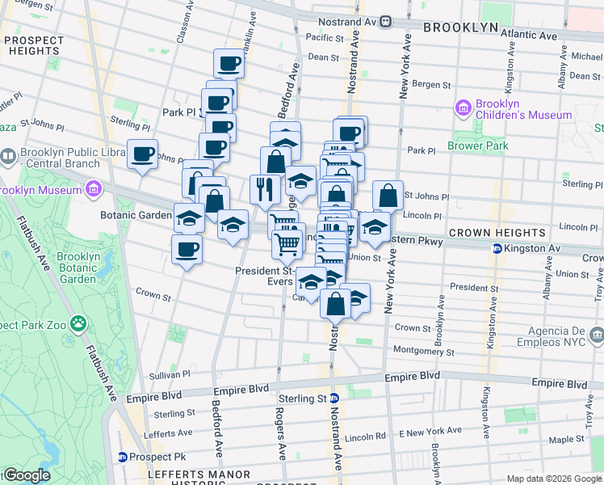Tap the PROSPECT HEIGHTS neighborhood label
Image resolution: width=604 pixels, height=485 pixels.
pyautogui.click(x=33, y=46)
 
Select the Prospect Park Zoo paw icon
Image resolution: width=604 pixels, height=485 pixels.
pyautogui.click(x=78, y=324)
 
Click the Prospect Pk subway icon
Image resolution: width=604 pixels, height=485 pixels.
pyautogui.click(x=123, y=457)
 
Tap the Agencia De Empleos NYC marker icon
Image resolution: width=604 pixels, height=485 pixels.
pyautogui.click(x=595, y=333)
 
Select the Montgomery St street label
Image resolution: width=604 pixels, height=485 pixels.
pyautogui.click(x=425, y=352)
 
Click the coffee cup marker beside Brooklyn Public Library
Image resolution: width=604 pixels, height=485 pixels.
pyautogui.click(x=143, y=153)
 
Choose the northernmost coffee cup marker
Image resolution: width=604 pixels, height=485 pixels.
pyautogui.click(x=229, y=62)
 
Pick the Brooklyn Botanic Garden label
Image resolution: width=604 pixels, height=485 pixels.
pyautogui.click(x=78, y=268)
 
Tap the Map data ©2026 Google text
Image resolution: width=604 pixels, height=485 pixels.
pyautogui.click(x=554, y=479)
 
